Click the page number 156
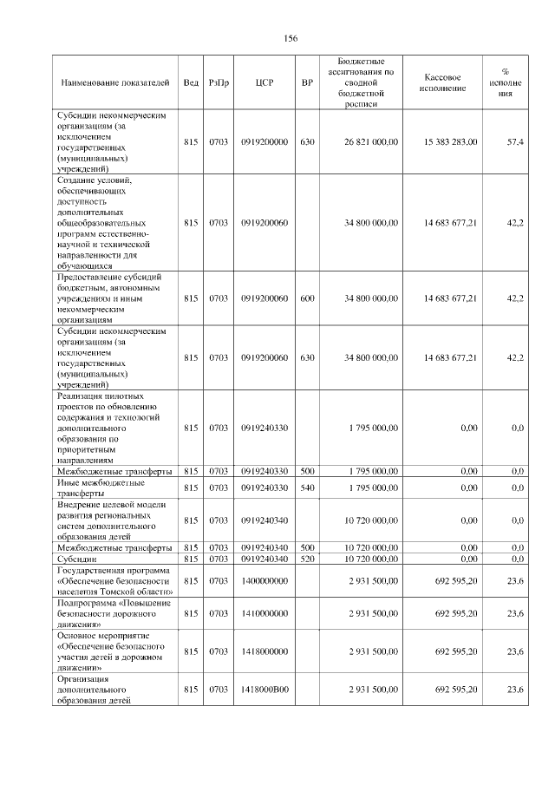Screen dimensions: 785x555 [x=291, y=39]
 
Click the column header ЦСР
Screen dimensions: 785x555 [x=264, y=83]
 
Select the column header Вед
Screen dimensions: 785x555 [x=191, y=83]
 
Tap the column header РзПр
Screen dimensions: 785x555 [x=219, y=83]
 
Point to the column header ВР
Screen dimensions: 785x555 [x=306, y=83]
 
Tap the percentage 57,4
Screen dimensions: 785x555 [x=515, y=141]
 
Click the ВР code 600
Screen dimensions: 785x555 [x=306, y=298]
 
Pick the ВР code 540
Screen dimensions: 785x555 [x=306, y=487]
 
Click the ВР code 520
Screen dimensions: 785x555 [x=306, y=559]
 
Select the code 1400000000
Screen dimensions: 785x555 [x=264, y=580]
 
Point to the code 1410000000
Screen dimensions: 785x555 [x=264, y=613]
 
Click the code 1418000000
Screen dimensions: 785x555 [x=264, y=651]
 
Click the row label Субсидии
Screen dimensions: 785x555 [x=75, y=559]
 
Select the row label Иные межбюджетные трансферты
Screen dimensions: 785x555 [x=100, y=487]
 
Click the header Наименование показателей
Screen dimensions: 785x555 [x=114, y=83]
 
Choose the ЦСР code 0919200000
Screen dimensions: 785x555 [x=264, y=141]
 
